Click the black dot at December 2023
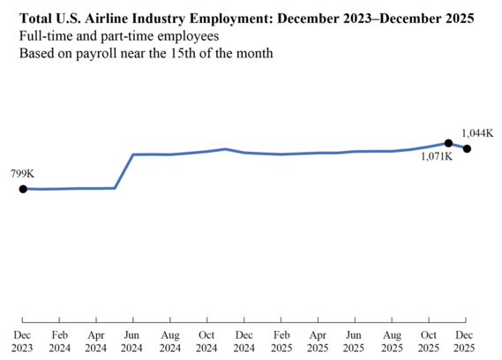point(23,189)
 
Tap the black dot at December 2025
point(467,148)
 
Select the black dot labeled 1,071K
point(448,143)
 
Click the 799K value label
point(22,174)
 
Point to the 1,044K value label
point(477,132)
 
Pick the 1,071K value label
point(437,157)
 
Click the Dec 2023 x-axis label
point(23,341)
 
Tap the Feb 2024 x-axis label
point(60,341)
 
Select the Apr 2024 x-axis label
point(96,341)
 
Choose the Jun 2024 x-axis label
point(132,341)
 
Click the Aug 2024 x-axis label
point(170,341)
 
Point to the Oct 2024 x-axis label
point(206,341)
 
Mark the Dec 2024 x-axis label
point(244,341)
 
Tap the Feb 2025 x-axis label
point(281,341)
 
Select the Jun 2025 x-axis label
point(354,341)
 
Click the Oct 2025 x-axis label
point(428,341)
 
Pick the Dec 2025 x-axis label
point(465,341)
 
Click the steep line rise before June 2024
point(124,171)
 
